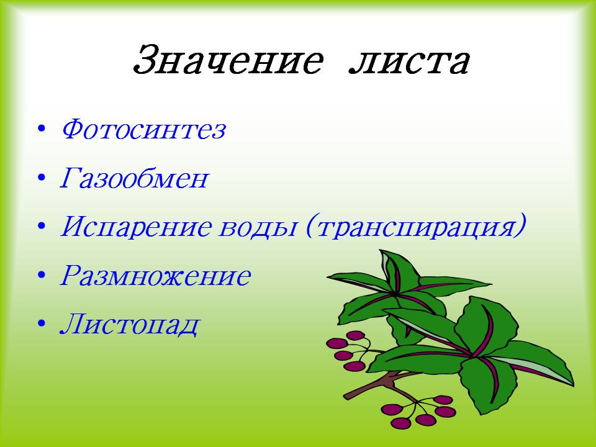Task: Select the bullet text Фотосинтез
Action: (143, 129)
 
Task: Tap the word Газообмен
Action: (135, 178)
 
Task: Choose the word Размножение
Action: (155, 275)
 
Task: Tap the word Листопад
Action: (130, 325)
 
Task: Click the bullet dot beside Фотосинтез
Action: (42, 129)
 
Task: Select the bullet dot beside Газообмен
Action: (42, 178)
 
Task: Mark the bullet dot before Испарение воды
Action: (42, 227)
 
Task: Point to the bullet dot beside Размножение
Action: (42, 275)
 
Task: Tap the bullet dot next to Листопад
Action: (42, 324)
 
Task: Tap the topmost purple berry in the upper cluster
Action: (356, 335)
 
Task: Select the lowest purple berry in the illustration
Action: (400, 423)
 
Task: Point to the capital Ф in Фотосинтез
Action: (76, 129)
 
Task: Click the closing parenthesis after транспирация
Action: (520, 226)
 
